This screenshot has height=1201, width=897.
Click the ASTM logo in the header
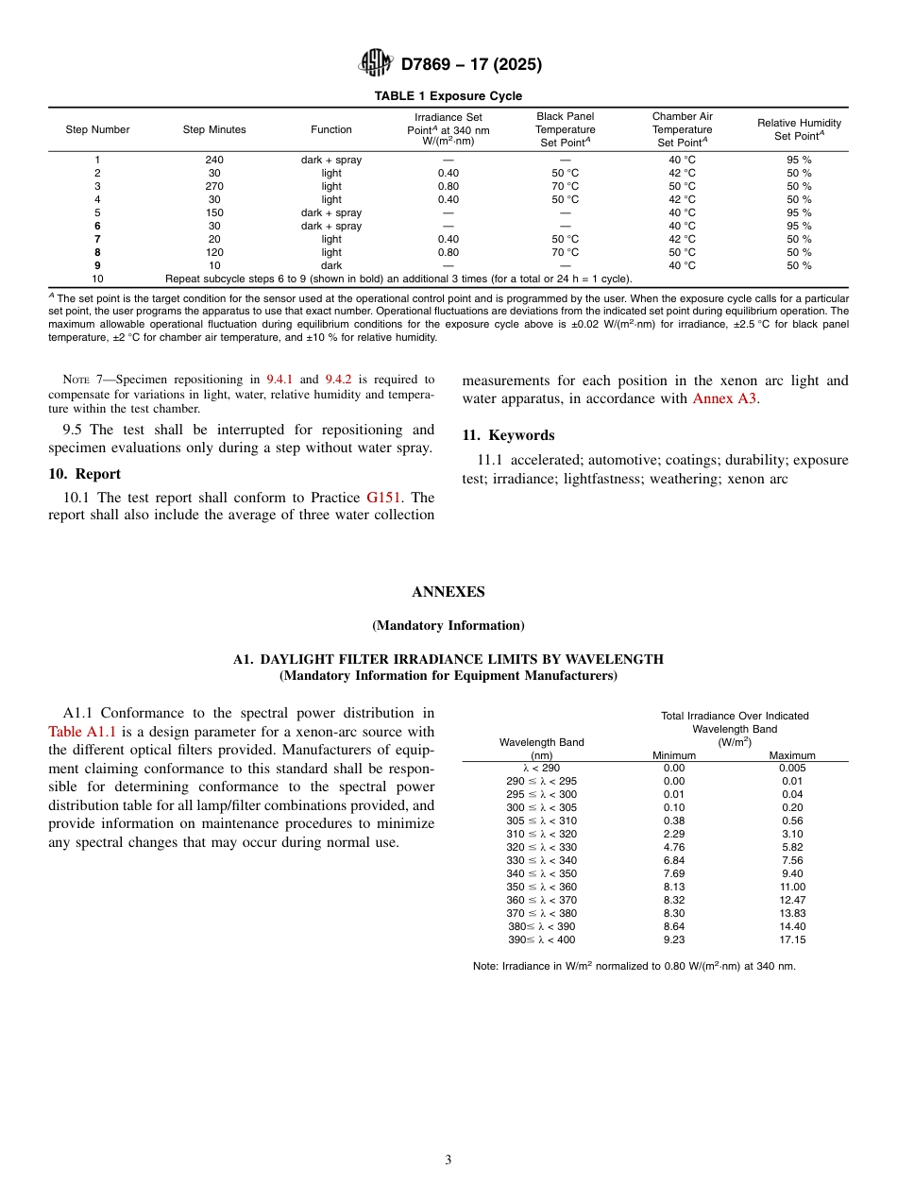376,64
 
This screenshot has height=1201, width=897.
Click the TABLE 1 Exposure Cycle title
448,96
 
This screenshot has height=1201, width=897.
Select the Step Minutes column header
214,129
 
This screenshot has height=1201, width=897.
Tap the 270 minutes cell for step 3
214,186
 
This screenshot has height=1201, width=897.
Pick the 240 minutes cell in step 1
214,160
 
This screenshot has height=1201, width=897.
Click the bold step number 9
97,265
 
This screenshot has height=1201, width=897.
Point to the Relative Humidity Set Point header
799,129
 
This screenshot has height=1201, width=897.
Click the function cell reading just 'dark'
330,265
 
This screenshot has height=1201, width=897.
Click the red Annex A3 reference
724,398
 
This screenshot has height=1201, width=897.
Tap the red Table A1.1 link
82,731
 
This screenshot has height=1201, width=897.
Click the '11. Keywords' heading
508,435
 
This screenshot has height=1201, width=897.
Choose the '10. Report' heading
85,474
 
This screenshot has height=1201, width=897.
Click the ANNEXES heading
448,592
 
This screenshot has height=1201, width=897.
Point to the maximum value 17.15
792,939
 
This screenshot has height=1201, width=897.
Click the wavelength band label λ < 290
541,768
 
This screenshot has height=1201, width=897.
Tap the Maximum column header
792,755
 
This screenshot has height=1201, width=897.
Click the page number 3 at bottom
448,1159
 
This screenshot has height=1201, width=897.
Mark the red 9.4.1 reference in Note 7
277,380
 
